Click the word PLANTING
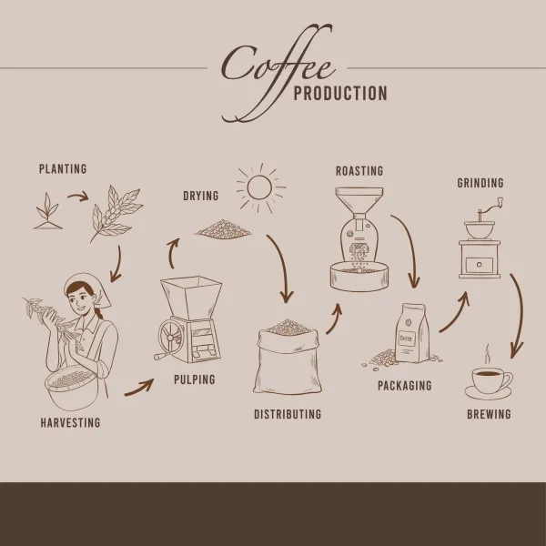[x=63, y=169]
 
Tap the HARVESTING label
[x=70, y=422]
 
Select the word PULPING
[x=195, y=379]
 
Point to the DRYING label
[x=201, y=196]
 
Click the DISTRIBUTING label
[x=288, y=414]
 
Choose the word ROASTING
[x=359, y=171]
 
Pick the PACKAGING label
[x=405, y=386]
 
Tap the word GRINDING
[x=480, y=183]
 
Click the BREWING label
[x=489, y=414]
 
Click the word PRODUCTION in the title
[x=340, y=94]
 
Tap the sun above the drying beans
[x=259, y=188]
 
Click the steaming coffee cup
[x=489, y=379]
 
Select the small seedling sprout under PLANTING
[x=48, y=212]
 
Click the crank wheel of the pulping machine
[x=170, y=338]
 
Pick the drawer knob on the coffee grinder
[x=480, y=265]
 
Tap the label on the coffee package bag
[x=408, y=338]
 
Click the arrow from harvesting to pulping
[x=140, y=389]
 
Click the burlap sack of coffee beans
[x=288, y=359]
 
